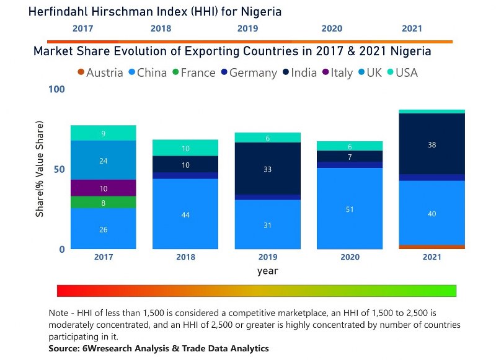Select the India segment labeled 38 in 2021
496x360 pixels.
432,144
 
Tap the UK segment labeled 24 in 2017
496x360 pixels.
104,160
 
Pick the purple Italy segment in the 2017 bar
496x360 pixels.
104,188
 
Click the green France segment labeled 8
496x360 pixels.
104,202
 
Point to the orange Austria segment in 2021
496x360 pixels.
432,247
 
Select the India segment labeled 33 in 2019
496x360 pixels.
267,169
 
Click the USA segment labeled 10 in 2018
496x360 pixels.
185,148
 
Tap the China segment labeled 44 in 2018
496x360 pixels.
185,214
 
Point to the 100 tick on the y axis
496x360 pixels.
56,90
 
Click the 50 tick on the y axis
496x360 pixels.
59,169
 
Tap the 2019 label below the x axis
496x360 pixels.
267,257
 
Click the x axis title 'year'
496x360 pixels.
267,271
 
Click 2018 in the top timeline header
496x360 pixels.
161,29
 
